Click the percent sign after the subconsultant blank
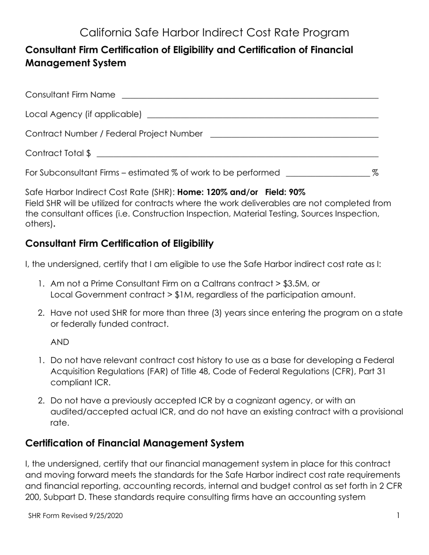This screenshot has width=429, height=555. tap(375, 173)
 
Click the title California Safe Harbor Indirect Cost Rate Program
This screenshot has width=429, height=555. tap(214, 32)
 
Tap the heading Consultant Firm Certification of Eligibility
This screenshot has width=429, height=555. tap(119, 244)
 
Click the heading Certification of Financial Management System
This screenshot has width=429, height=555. tap(135, 443)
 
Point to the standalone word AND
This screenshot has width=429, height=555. tap(60, 342)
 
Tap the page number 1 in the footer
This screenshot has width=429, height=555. tap(398, 515)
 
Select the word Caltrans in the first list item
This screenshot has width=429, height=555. tap(220, 284)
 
